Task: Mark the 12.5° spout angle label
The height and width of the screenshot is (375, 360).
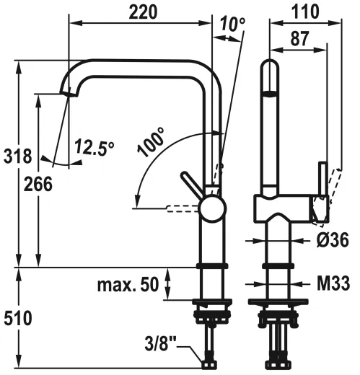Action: click(x=94, y=149)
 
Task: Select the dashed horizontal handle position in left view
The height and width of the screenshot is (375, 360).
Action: click(x=183, y=209)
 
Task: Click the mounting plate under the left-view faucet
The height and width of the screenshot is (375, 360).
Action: click(x=212, y=301)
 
